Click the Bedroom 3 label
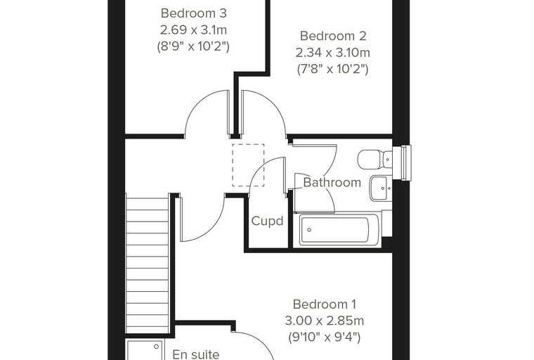[x=193, y=13]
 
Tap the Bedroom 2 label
[x=333, y=36]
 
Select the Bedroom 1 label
[x=324, y=304]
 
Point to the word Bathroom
[x=332, y=182]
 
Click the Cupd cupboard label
[x=267, y=221]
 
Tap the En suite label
[x=196, y=354]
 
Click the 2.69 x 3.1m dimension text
[x=193, y=30]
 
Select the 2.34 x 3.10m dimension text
[x=333, y=53]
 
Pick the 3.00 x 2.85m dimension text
[x=324, y=321]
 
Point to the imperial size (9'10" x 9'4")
[x=324, y=337]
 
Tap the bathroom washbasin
[x=381, y=188]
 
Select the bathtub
[x=339, y=229]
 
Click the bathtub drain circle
[x=309, y=230]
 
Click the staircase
[x=148, y=263]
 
